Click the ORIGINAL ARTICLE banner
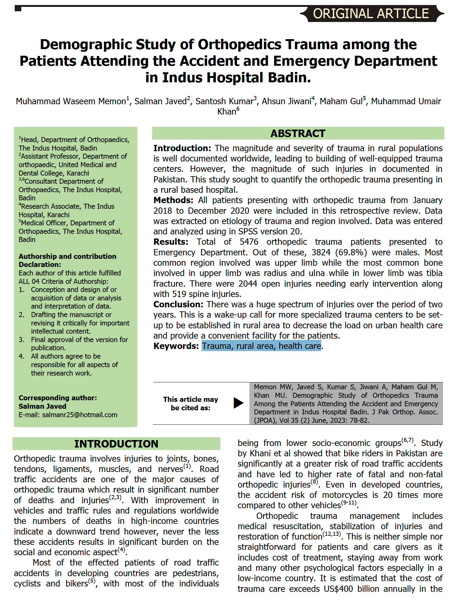(x=371, y=14)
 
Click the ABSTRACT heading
(x=298, y=134)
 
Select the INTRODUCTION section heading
(x=116, y=444)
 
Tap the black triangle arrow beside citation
(x=238, y=403)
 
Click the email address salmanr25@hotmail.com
(x=80, y=415)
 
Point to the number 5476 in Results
(x=249, y=242)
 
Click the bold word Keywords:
(x=176, y=346)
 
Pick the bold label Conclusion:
(x=178, y=305)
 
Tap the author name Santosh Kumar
(x=224, y=101)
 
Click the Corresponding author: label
(x=58, y=398)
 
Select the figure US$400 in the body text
(x=338, y=589)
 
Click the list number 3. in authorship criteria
(x=21, y=340)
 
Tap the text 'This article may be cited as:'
(x=190, y=404)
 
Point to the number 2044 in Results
(x=248, y=284)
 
